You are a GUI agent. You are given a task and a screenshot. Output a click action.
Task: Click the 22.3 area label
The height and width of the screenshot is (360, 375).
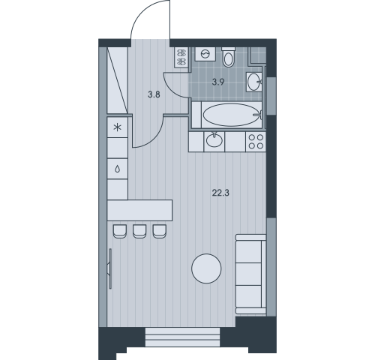tap(220, 193)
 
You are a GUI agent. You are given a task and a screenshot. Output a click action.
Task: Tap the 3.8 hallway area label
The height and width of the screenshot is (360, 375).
tap(154, 94)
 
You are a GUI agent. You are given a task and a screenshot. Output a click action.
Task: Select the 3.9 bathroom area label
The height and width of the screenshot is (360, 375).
tap(218, 82)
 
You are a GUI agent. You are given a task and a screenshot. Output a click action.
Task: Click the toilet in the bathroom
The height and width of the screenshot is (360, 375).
tap(228, 57)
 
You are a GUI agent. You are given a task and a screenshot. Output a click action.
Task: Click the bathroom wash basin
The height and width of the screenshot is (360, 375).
tap(254, 81)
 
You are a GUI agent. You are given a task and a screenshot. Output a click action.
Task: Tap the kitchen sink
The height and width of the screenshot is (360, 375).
tap(214, 140)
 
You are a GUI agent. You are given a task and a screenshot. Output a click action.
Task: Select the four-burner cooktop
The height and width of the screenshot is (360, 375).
tap(256, 142)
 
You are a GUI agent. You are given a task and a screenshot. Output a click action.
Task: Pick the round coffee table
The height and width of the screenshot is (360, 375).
tap(206, 268)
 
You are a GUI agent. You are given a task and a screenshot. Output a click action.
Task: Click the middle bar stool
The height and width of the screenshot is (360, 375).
tap(139, 231)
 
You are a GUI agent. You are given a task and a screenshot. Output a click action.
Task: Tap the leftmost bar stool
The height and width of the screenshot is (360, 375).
tap(119, 231)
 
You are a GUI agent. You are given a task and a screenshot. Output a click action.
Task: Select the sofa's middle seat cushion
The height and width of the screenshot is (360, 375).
tap(248, 274)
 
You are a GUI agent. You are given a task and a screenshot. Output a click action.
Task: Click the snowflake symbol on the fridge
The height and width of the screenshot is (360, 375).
tap(117, 127)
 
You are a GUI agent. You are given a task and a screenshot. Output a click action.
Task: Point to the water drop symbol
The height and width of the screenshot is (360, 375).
tap(117, 169)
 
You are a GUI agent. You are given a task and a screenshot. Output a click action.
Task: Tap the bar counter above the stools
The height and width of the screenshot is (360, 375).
tap(139, 210)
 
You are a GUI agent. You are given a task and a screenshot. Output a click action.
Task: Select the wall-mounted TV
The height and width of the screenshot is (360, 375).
tap(110, 268)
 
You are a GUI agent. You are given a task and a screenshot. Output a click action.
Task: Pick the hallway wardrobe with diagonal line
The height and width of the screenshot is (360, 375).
tap(117, 80)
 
